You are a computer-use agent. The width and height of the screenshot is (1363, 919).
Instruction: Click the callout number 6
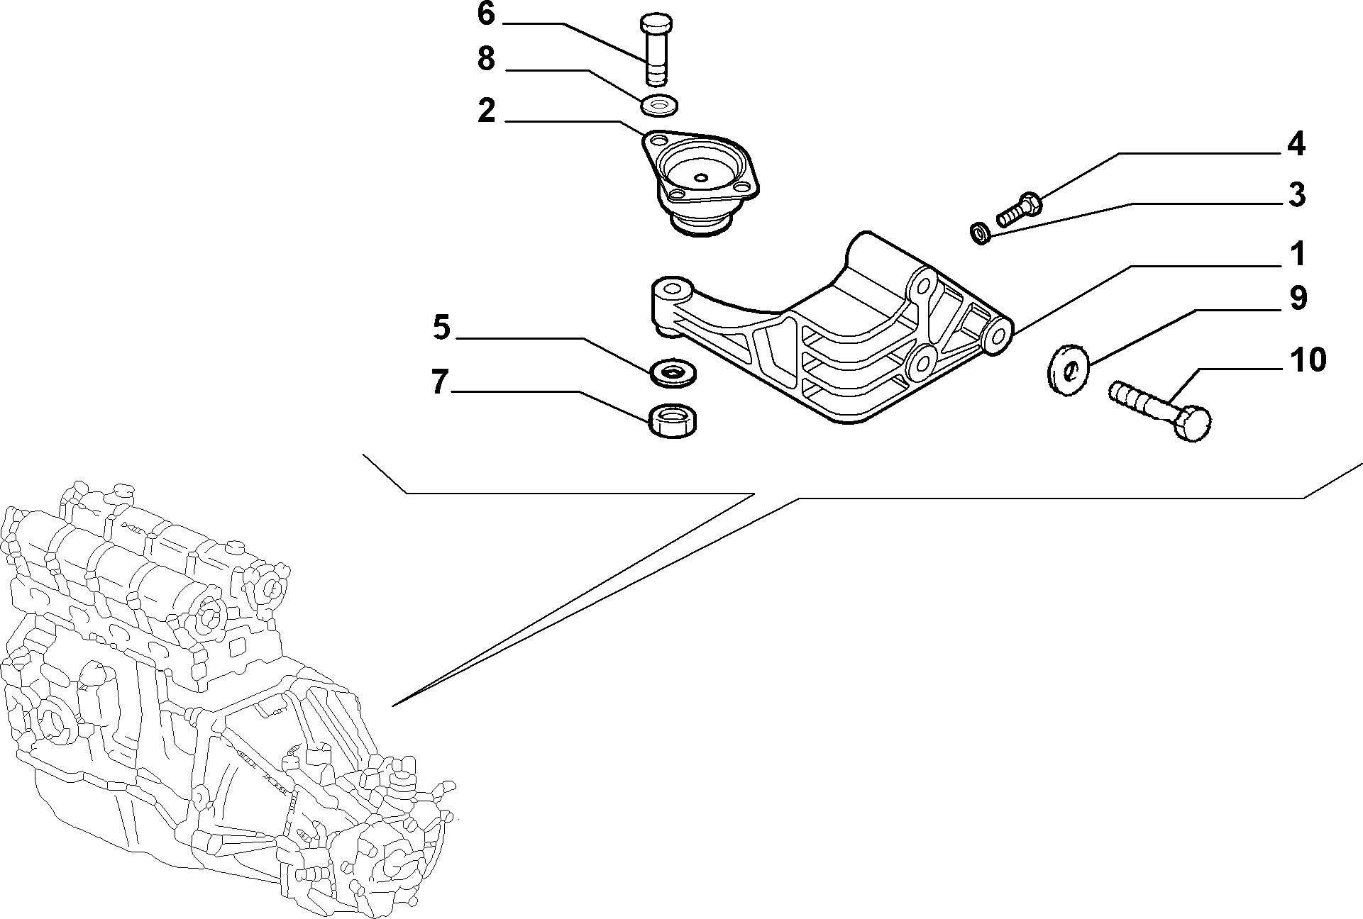click(x=486, y=14)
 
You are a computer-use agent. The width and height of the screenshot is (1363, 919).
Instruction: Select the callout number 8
click(x=486, y=59)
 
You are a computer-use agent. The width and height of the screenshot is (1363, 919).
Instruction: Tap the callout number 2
click(x=486, y=111)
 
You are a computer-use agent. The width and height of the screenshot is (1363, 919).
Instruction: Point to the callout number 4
click(x=1296, y=144)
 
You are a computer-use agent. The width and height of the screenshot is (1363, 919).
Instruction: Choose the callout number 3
click(x=1296, y=195)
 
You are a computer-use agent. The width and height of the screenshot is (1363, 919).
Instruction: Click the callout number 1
click(x=1298, y=255)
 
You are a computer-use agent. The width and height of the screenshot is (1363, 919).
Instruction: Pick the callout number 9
click(x=1297, y=299)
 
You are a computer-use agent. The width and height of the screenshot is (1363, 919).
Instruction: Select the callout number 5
click(x=441, y=328)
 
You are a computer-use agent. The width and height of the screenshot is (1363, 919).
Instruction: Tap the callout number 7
click(x=440, y=382)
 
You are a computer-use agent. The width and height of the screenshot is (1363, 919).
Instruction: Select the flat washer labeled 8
click(x=660, y=104)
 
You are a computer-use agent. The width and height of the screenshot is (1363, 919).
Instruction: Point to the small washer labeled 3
click(x=981, y=233)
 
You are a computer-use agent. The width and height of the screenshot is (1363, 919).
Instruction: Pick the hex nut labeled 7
click(x=673, y=420)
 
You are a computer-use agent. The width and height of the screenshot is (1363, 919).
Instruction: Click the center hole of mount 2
click(x=701, y=177)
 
